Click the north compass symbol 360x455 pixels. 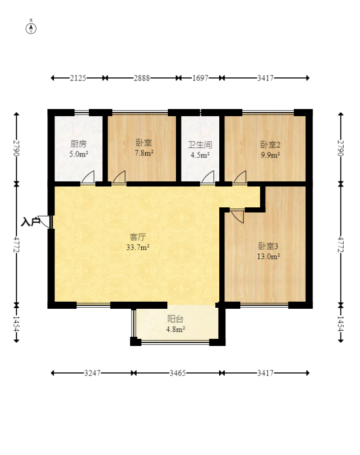[x=31, y=29]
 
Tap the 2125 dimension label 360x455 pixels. [x=78, y=78]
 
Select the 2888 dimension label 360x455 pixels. [x=142, y=78]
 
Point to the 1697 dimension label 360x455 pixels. [x=200, y=78]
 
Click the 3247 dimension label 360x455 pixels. [x=92, y=373]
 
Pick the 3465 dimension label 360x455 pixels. [x=177, y=373]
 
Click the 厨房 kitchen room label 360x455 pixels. [x=79, y=144]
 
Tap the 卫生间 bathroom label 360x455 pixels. [x=200, y=145]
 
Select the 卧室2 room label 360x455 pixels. [x=270, y=145]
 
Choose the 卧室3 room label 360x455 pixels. [x=268, y=246]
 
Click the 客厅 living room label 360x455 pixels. [x=138, y=237]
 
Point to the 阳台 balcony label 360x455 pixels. [x=175, y=319]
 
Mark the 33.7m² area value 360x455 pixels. [x=138, y=248]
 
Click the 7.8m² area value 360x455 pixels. [x=144, y=153]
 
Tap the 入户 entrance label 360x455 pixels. [x=31, y=222]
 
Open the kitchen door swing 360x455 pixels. [x=88, y=177]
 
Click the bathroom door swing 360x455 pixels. [x=208, y=177]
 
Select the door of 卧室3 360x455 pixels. [x=238, y=216]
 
